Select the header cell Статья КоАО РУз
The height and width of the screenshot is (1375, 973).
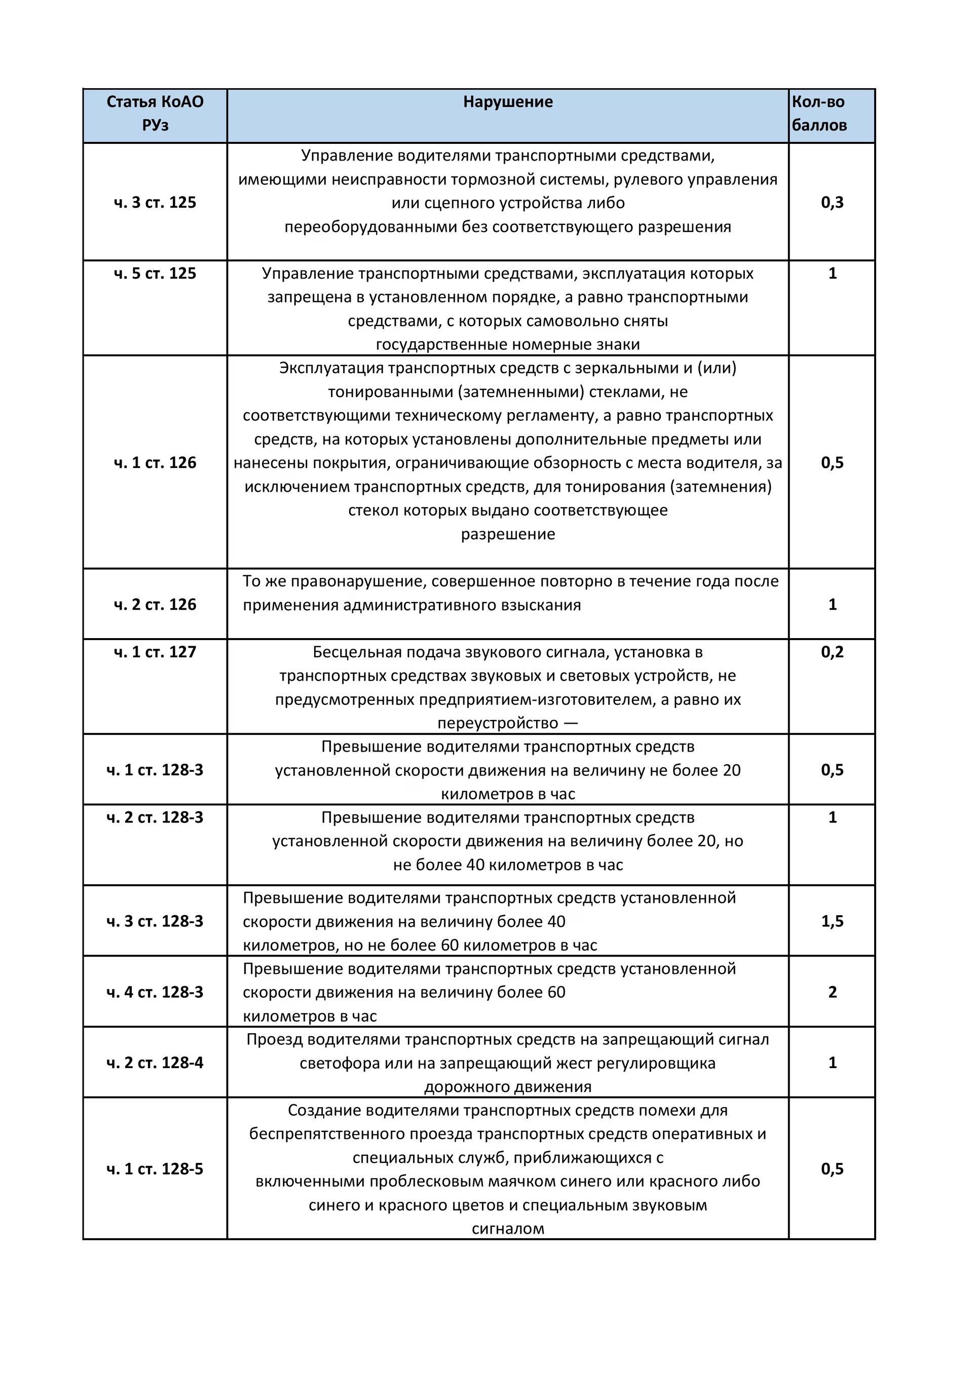click(155, 113)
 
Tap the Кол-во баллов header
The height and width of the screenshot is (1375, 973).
click(819, 113)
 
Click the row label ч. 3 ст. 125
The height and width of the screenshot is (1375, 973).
click(155, 203)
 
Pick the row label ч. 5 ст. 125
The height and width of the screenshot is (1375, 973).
click(155, 273)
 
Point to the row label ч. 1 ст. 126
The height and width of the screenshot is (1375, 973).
click(155, 463)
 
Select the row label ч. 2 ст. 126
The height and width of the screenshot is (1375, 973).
click(155, 605)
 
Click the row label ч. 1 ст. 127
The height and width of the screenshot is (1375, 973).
click(155, 652)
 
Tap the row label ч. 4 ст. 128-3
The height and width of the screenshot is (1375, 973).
click(155, 992)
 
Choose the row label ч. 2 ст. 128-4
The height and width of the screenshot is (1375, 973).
click(155, 1063)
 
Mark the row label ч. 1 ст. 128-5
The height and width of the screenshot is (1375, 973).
click(155, 1169)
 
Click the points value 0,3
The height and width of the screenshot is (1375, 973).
click(832, 203)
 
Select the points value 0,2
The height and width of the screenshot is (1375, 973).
click(832, 652)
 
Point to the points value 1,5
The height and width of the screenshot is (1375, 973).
click(832, 921)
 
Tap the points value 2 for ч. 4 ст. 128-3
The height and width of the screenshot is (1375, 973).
click(832, 992)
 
